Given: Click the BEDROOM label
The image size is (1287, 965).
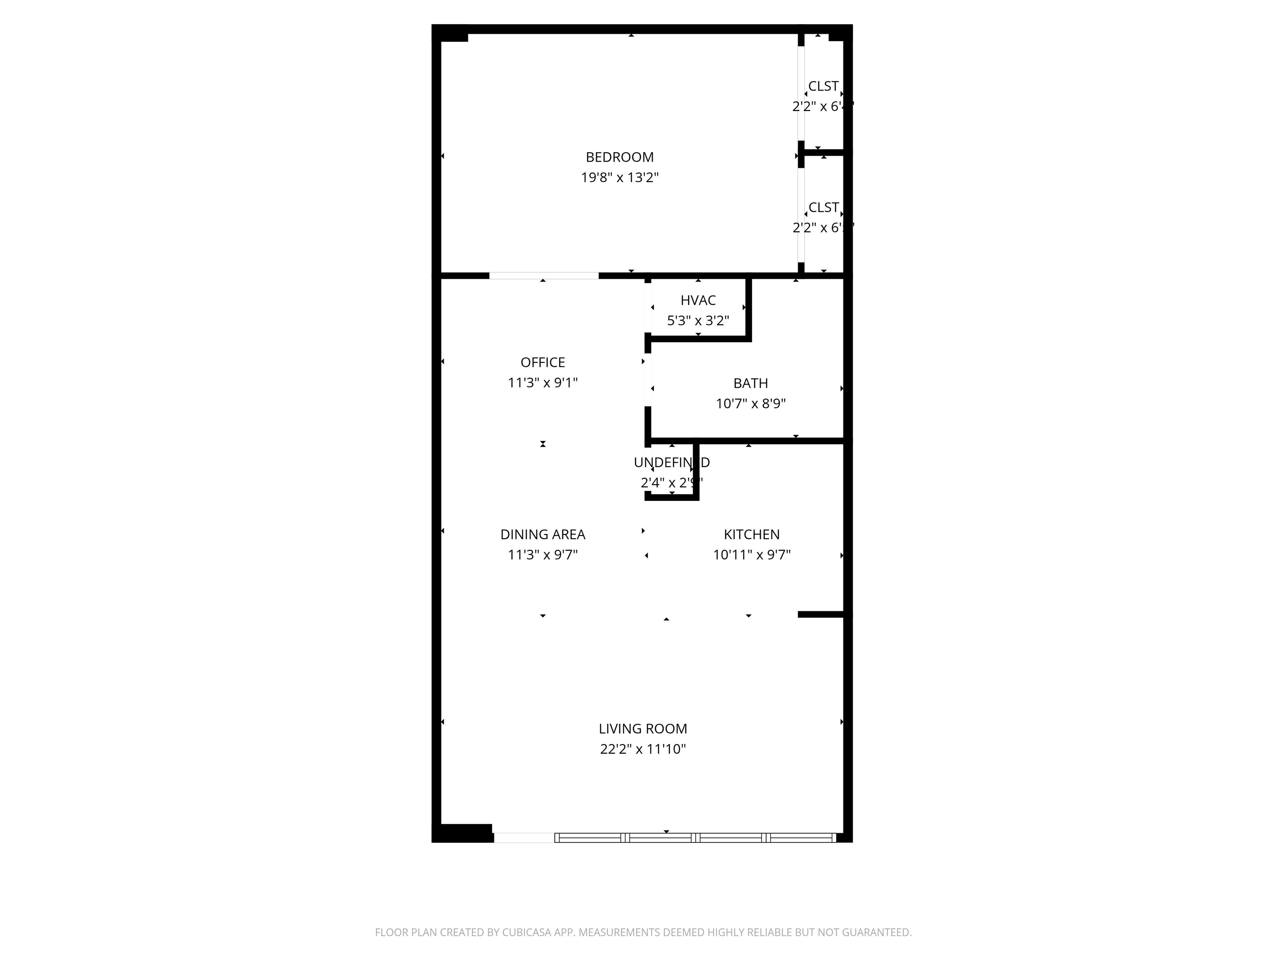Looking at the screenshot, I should (x=619, y=157).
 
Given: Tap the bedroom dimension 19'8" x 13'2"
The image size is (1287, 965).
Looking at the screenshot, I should (x=619, y=178).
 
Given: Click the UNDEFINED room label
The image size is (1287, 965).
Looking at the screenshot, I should (x=672, y=462).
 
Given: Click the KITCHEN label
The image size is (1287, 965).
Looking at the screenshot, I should (x=751, y=534).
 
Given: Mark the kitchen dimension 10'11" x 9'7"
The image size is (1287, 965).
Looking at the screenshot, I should (x=751, y=555).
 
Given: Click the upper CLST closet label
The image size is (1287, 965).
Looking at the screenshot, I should (x=823, y=86).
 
